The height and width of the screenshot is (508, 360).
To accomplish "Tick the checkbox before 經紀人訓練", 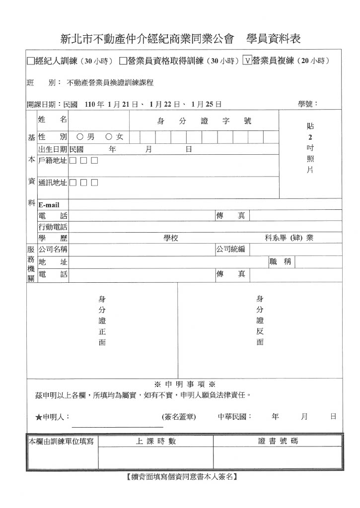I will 30,61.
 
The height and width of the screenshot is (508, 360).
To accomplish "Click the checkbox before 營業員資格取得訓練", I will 123,61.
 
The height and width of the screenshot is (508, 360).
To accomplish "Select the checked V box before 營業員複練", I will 247,61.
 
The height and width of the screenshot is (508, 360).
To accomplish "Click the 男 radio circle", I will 79,136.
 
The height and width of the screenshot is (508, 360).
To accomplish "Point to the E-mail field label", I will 49,205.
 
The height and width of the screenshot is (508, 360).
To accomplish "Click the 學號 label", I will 307,104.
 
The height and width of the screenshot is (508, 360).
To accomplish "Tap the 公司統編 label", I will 231,249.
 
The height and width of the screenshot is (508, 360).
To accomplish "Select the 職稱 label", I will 281,262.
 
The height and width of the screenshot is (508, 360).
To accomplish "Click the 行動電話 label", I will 53,227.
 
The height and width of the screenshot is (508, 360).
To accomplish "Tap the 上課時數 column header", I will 155,441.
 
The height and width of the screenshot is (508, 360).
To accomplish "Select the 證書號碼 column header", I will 278,441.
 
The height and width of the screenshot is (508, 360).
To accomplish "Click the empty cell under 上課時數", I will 155,457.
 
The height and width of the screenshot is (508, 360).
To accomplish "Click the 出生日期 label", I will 53,149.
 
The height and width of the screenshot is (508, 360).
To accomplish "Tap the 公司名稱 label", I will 53,249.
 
